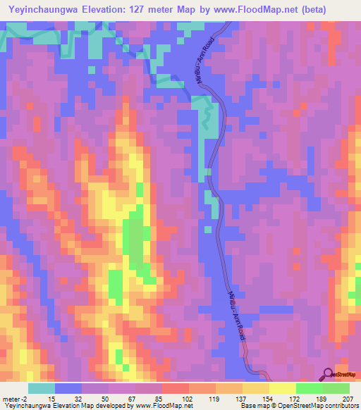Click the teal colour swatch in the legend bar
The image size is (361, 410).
[42, 388]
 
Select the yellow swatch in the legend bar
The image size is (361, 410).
[282, 388]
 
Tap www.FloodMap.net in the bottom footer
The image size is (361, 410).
[159, 406]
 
